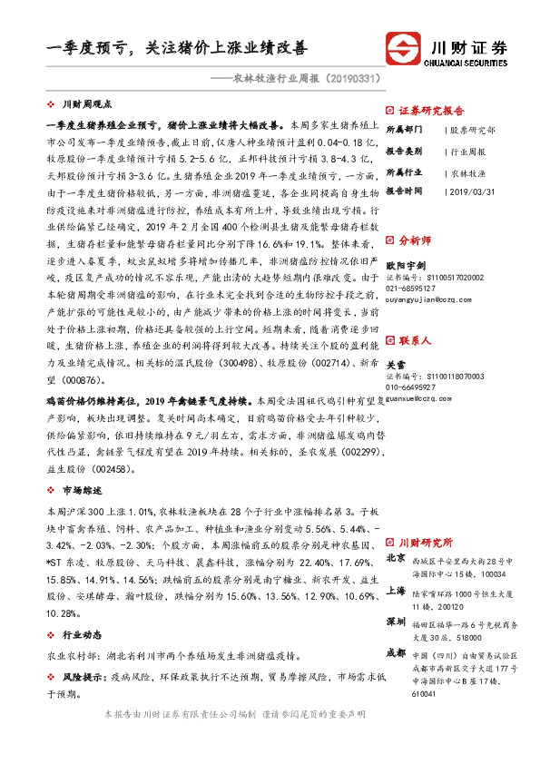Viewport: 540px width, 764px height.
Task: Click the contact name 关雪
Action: coord(395,363)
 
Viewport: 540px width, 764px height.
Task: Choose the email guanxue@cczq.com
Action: coord(418,397)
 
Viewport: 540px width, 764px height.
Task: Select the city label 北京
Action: coord(396,558)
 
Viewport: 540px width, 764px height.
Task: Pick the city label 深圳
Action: coord(396,622)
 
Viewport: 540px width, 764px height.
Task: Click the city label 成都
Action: coord(396,652)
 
